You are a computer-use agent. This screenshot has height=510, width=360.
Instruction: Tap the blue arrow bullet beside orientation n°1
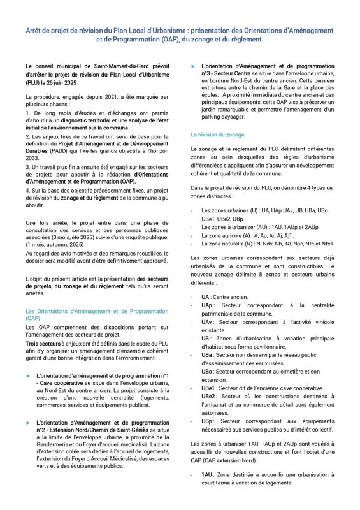point(28,376)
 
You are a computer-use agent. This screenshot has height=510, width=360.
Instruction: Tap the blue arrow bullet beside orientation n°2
point(28,423)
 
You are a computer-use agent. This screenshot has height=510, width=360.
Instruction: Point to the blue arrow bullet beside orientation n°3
point(193,66)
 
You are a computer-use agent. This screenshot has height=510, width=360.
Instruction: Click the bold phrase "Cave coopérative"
point(62,384)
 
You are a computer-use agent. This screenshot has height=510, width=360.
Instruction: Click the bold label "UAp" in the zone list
point(206,305)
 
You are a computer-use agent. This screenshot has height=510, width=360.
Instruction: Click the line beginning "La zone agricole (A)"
point(236,235)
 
